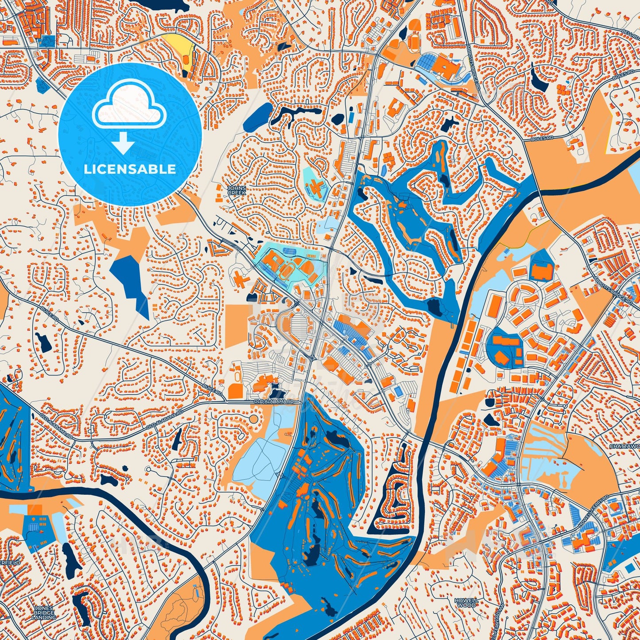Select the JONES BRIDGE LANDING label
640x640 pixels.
coord(44,612)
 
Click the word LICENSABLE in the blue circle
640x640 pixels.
coord(130,169)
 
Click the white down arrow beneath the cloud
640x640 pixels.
coord(124,144)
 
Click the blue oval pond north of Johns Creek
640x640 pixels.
coord(259,116)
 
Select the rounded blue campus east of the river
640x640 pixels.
coord(504,348)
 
